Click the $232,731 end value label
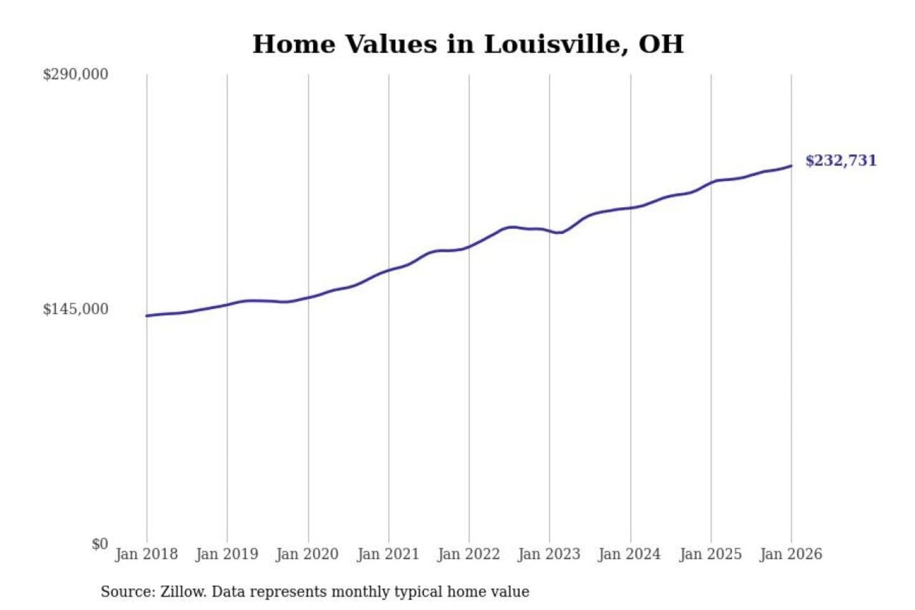841,161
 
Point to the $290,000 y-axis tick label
75,74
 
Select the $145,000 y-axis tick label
75,309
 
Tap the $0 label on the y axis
100,544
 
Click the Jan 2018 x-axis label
146,554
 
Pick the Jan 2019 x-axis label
227,554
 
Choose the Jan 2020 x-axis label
308,554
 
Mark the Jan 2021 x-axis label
388,554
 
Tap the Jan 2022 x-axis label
469,554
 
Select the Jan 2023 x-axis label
549,554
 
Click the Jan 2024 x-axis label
630,554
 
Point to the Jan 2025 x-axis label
710,554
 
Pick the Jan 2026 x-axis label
791,554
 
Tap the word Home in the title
294,44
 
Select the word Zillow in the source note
183,592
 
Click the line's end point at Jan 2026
791,166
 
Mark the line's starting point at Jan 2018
147,316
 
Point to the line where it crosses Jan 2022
470,246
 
